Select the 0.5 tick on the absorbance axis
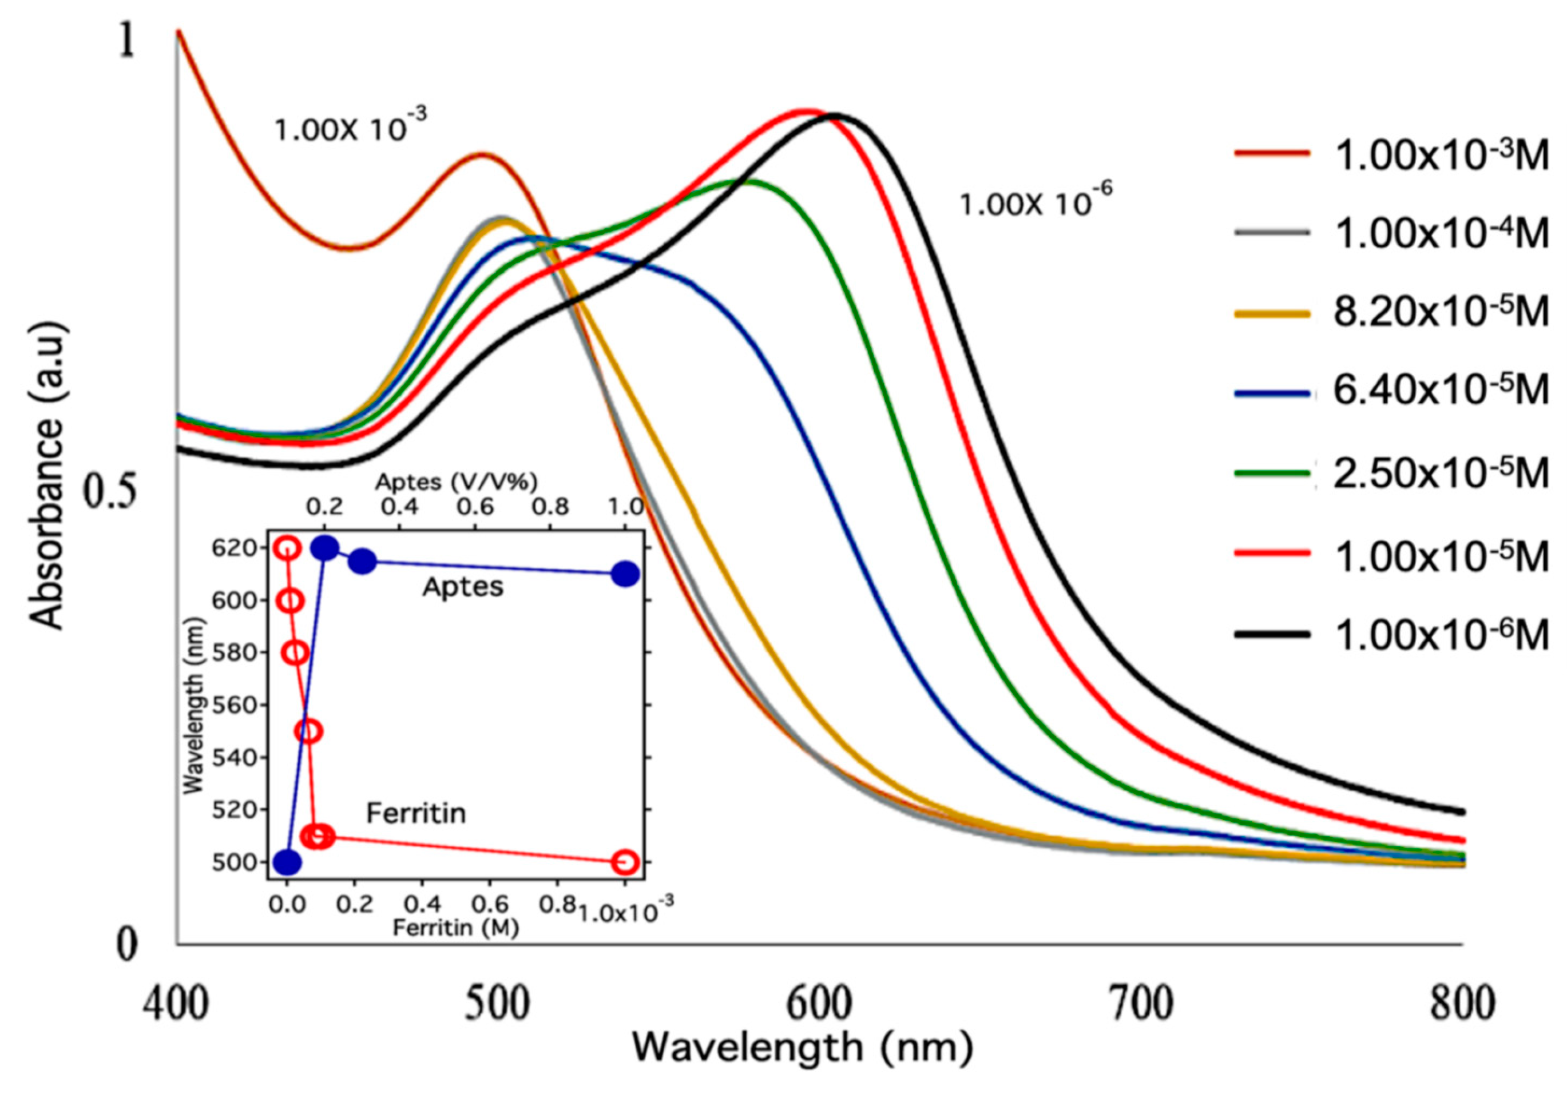tap(109, 491)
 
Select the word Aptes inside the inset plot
tap(463, 586)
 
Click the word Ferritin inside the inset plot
tap(416, 813)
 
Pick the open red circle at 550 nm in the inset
tap(309, 731)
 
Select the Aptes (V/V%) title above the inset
tap(457, 483)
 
